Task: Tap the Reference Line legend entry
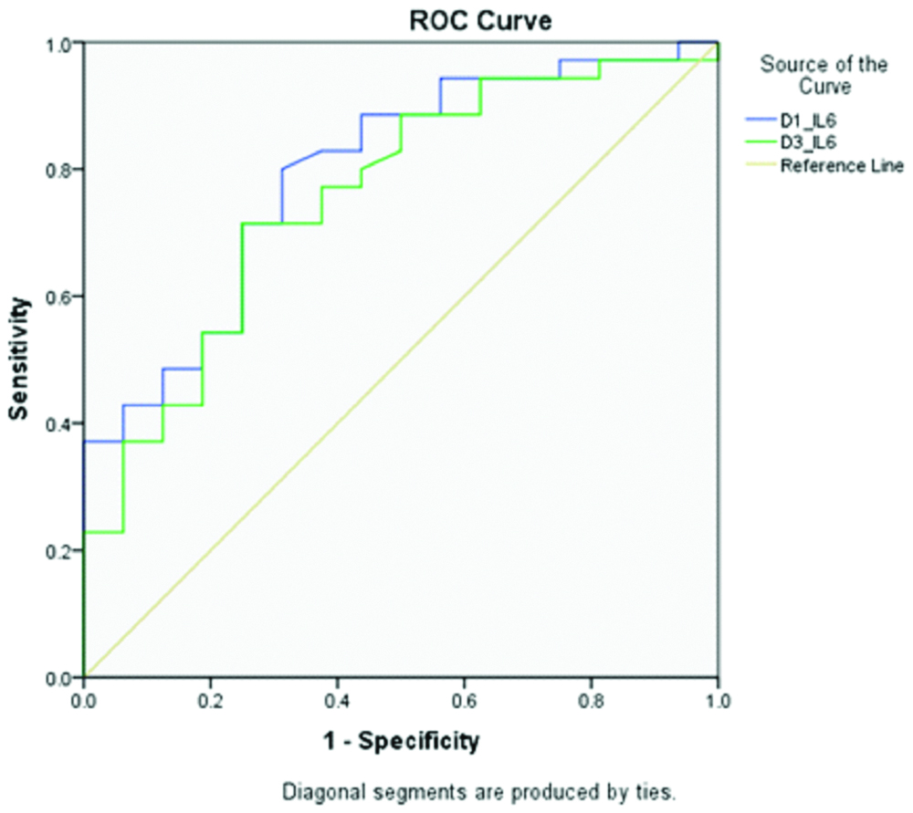click(x=841, y=165)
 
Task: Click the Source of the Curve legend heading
click(x=824, y=75)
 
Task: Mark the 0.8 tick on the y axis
click(x=60, y=170)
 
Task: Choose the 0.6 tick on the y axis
click(x=60, y=297)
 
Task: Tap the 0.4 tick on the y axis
click(x=60, y=423)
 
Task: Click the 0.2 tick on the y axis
click(x=60, y=551)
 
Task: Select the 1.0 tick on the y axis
click(x=60, y=43)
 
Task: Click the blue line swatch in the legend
click(x=758, y=118)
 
